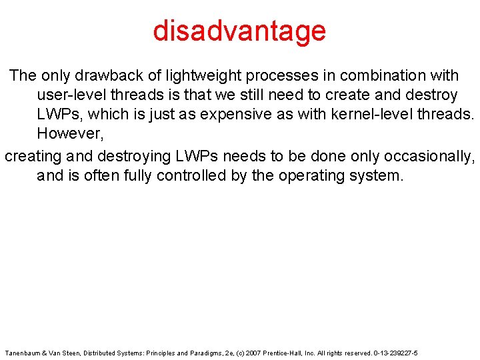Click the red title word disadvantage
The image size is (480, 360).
(239, 31)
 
